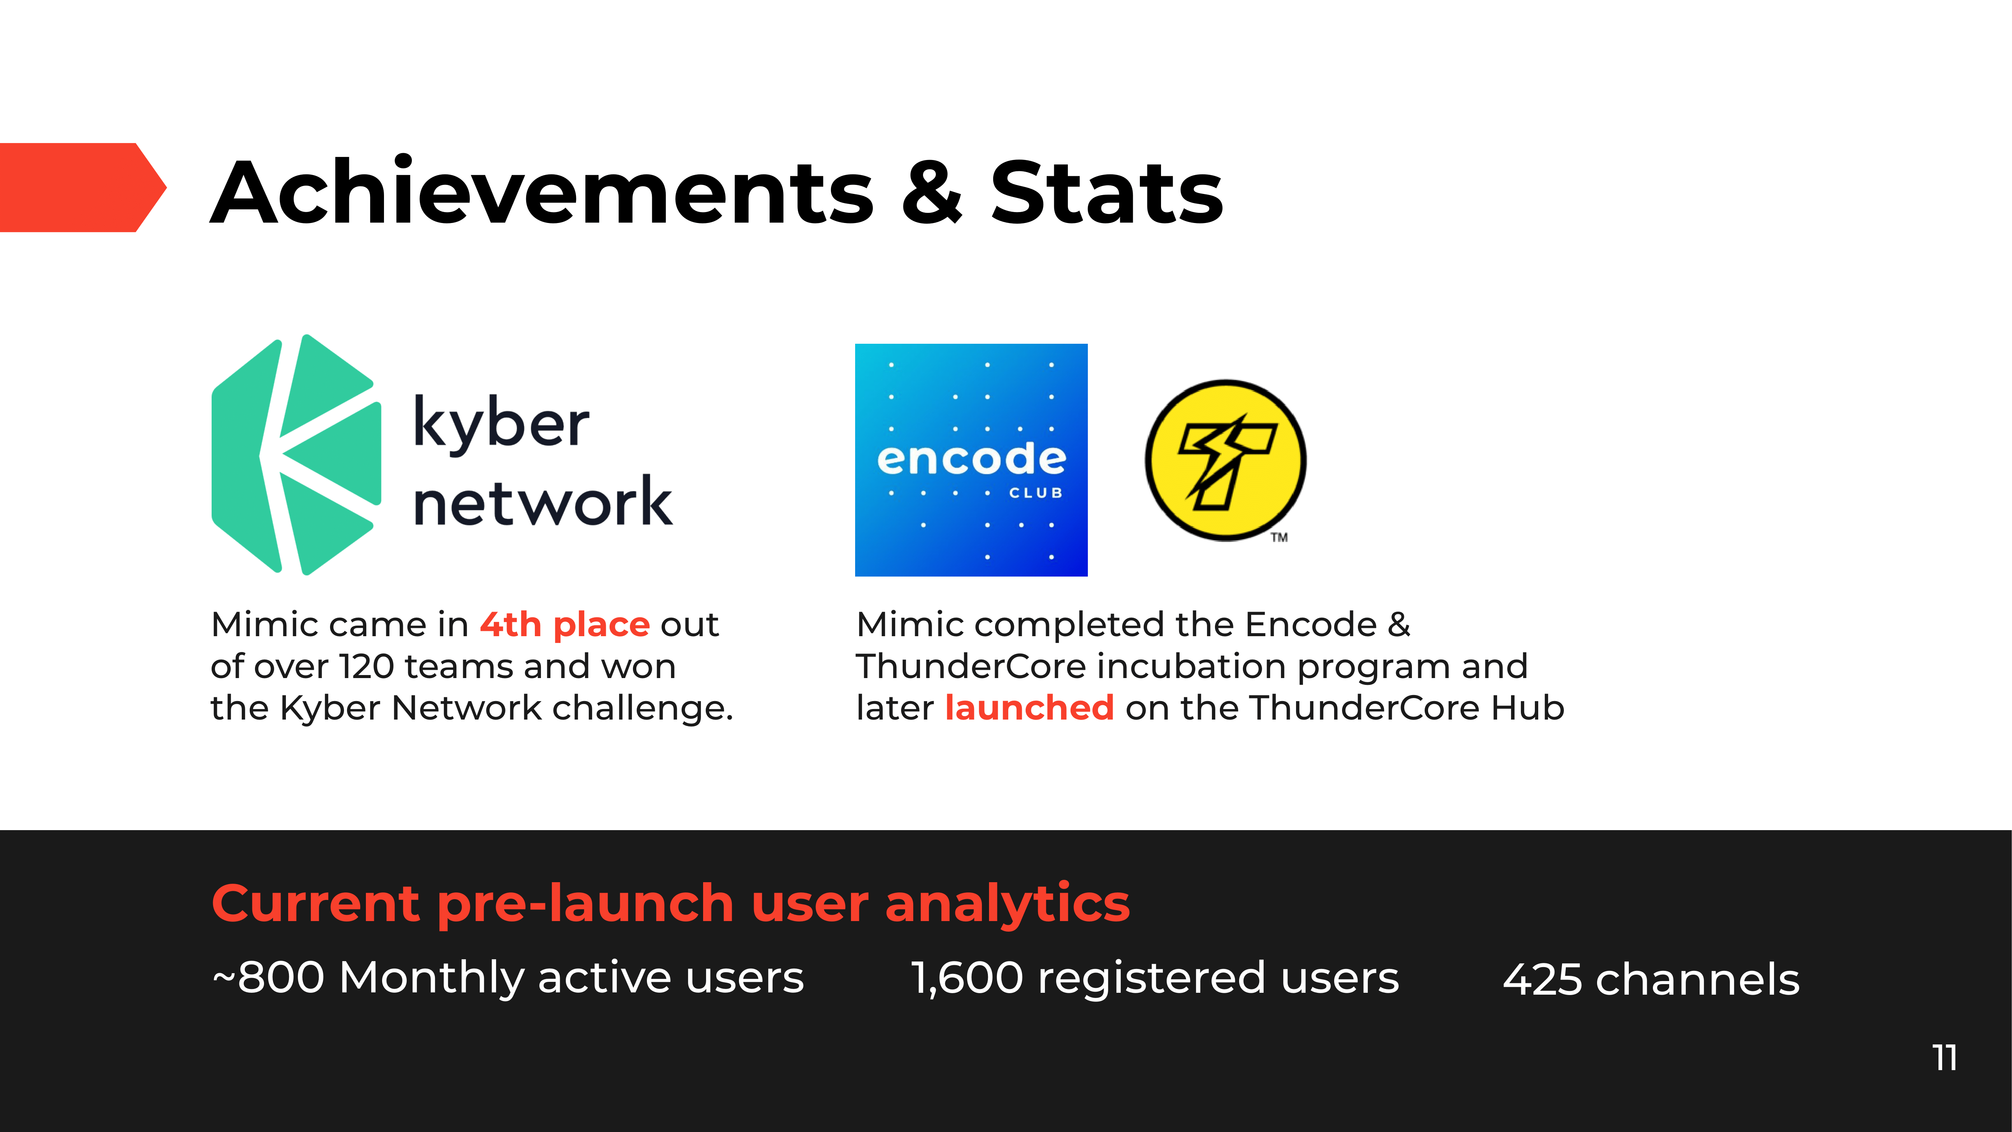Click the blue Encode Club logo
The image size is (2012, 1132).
click(971, 460)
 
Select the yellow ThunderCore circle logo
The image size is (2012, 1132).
click(1226, 460)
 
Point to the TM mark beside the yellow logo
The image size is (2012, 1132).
click(1279, 537)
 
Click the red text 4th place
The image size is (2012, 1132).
click(565, 624)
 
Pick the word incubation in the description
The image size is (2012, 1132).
click(1192, 666)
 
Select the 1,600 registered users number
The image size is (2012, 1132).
click(967, 978)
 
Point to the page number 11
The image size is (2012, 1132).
click(1945, 1058)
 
